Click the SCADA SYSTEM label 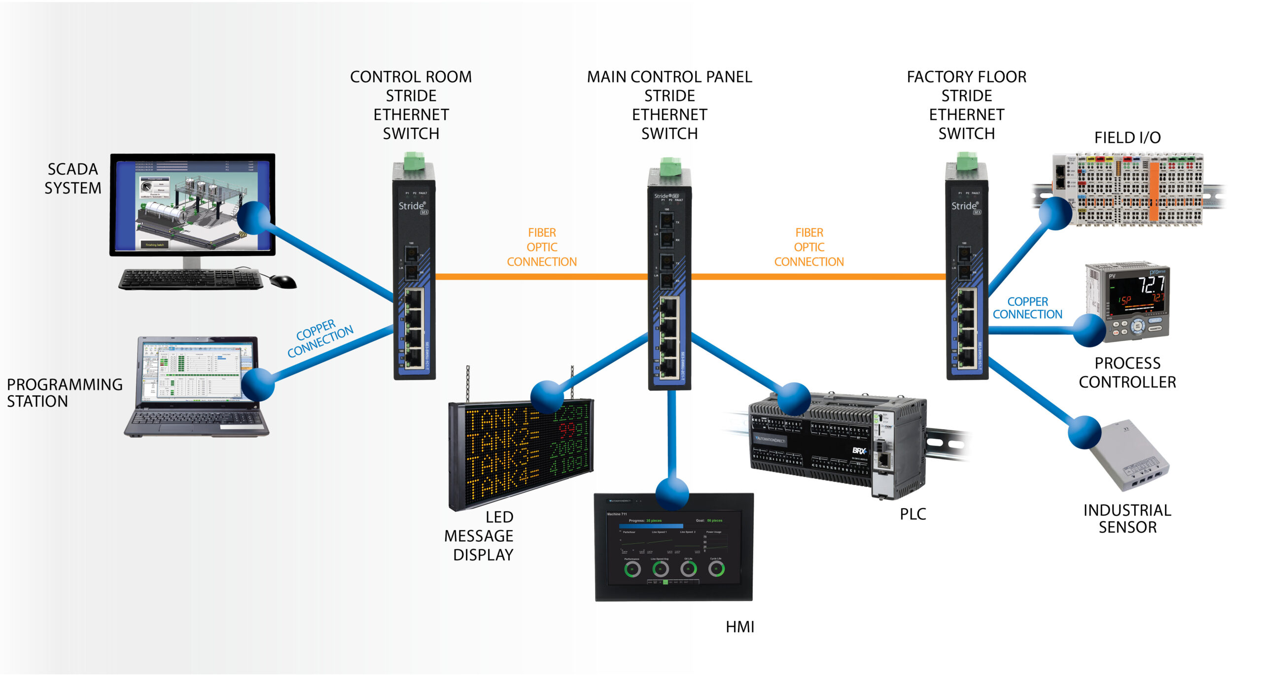tap(72, 179)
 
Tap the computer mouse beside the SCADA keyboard tap(283, 281)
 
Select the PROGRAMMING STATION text tap(64, 393)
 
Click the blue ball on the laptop tap(257, 384)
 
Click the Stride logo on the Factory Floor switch tap(964, 206)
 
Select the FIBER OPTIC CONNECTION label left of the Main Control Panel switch tap(542, 247)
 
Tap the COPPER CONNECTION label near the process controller tap(1027, 308)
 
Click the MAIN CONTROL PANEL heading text tap(669, 77)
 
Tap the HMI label tap(739, 627)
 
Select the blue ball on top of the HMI tap(672, 493)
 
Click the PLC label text tap(912, 514)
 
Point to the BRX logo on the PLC tap(859, 451)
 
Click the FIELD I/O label tap(1127, 138)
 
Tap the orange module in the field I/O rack tap(1154, 192)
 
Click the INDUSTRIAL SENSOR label tap(1127, 519)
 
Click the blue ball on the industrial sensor tap(1084, 432)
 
